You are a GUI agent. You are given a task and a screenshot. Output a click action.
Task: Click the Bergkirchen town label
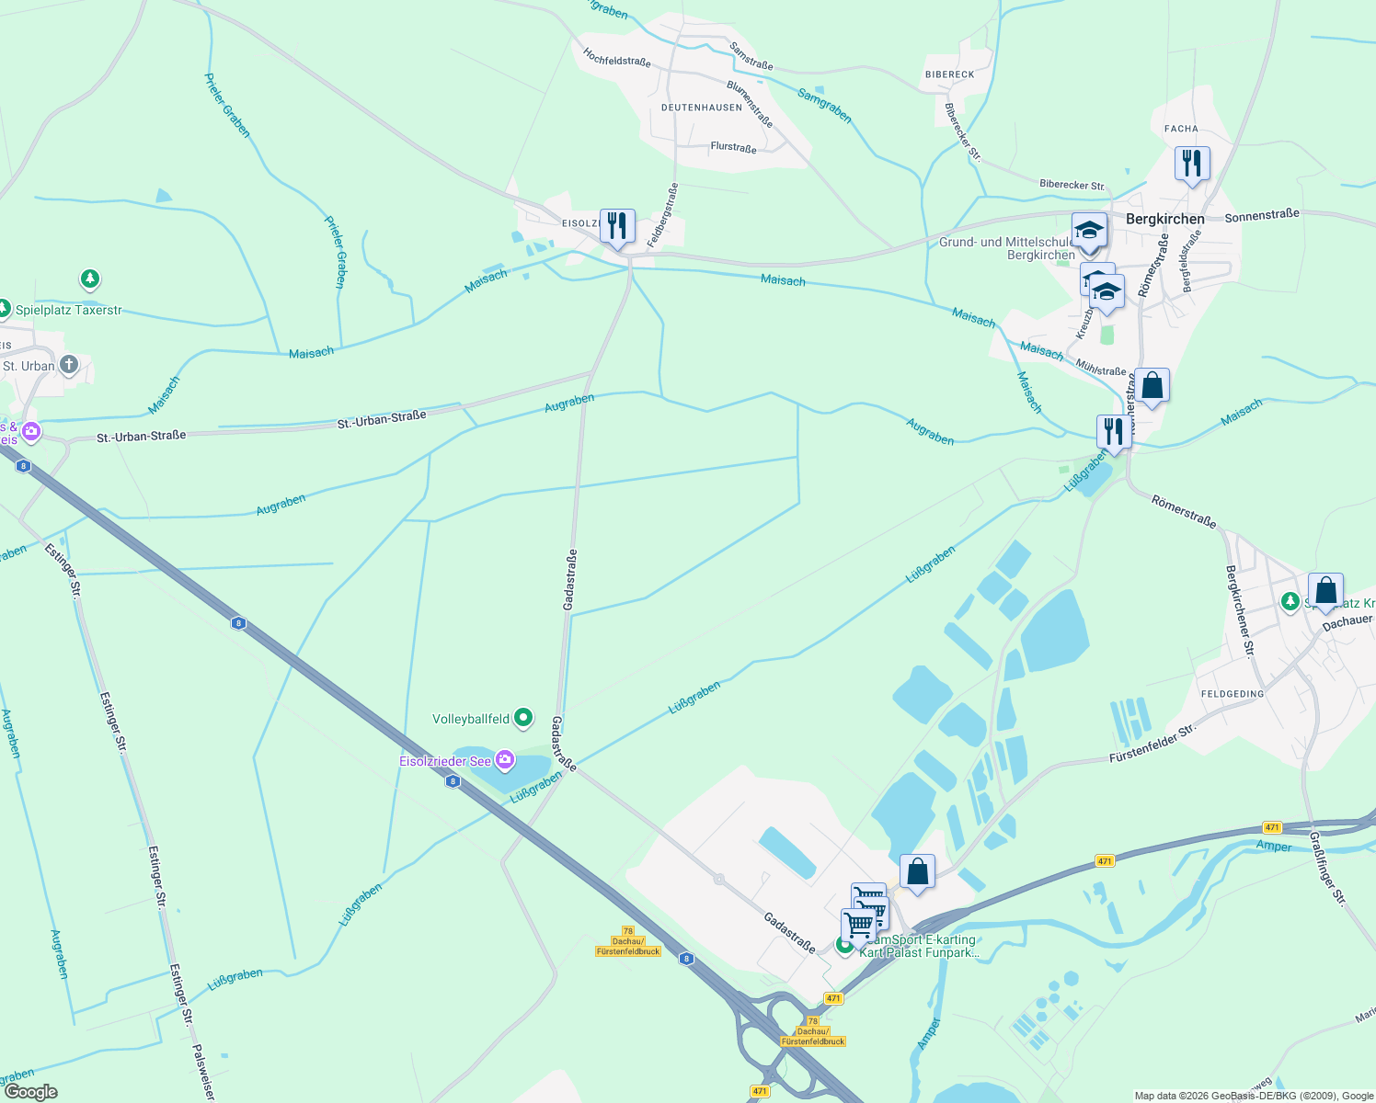[x=1164, y=219]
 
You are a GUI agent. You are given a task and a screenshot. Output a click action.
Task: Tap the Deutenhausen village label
[x=701, y=108]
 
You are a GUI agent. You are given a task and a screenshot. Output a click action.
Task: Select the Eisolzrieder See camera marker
[x=504, y=760]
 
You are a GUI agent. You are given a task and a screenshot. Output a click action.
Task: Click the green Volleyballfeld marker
[x=523, y=718]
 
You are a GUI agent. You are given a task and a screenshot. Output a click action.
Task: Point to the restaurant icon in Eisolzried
[x=617, y=225]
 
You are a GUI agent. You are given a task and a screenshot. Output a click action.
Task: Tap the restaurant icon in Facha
[x=1191, y=164]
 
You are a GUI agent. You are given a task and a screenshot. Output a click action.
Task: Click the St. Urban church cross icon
[x=69, y=365]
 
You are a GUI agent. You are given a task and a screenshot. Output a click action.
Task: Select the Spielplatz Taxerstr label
[x=68, y=311]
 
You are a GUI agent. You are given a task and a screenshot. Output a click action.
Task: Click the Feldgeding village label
[x=1233, y=694]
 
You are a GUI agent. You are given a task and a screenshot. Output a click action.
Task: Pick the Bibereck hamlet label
[x=949, y=74]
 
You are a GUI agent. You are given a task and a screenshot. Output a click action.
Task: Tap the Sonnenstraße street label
[x=1262, y=215]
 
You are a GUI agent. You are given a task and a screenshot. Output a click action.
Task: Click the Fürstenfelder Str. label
[x=1152, y=743]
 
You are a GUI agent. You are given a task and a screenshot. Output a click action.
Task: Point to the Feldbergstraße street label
[x=662, y=215]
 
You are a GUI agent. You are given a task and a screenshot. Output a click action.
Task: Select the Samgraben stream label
[x=824, y=106]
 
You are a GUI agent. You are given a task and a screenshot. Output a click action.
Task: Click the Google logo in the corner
[x=30, y=1092]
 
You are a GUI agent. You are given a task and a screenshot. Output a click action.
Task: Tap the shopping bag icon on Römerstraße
[x=1152, y=386]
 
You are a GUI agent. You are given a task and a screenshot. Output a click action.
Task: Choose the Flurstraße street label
[x=733, y=147]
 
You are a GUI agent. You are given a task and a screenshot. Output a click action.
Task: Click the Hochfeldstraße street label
[x=616, y=57]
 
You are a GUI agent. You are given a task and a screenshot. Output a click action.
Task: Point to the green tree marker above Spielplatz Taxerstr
[x=89, y=278]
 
